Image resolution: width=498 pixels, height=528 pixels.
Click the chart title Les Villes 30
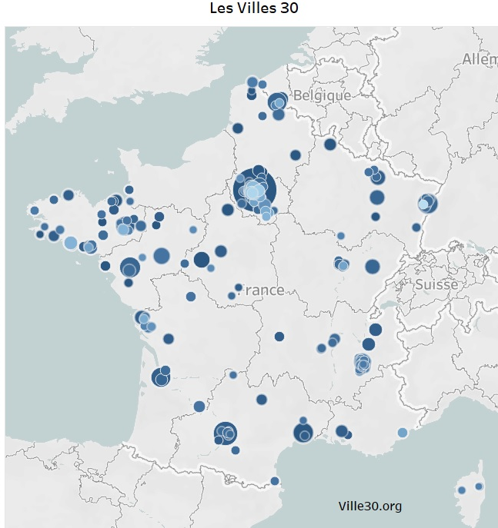click(249, 9)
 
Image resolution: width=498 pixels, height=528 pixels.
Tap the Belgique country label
click(322, 96)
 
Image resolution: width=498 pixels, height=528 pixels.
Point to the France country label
click(261, 290)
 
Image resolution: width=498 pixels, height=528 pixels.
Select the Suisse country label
click(436, 284)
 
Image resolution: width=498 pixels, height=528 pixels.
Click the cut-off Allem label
click(480, 59)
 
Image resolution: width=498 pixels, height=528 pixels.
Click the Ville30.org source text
click(369, 506)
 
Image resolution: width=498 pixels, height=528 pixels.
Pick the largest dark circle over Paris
click(255, 190)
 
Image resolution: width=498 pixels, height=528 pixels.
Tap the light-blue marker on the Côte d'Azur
click(402, 433)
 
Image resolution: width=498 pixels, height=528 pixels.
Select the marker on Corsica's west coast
click(462, 490)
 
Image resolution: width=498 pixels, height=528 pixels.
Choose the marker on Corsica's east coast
click(479, 486)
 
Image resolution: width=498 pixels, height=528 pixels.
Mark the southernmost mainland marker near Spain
click(275, 481)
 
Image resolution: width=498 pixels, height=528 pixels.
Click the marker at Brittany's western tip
click(34, 210)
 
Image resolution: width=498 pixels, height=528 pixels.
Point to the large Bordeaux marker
click(160, 377)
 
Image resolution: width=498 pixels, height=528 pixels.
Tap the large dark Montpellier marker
click(303, 433)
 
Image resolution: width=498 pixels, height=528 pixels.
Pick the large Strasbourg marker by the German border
click(427, 204)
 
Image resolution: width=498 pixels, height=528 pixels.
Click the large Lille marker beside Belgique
click(277, 103)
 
